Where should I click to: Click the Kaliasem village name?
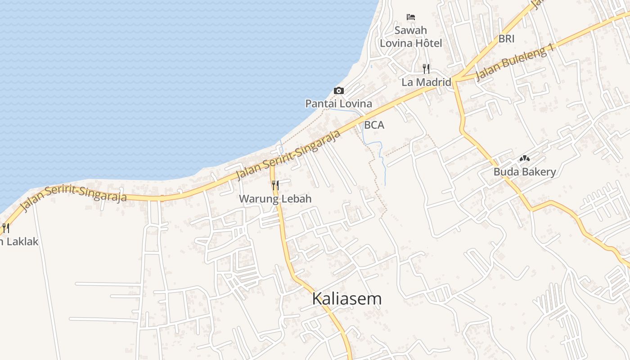click(x=347, y=299)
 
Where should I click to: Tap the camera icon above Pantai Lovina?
click(x=339, y=91)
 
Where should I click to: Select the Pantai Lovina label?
click(x=339, y=103)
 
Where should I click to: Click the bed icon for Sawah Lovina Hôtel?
click(x=410, y=17)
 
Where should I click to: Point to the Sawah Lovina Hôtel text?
click(x=411, y=37)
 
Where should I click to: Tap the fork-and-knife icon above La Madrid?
click(x=426, y=69)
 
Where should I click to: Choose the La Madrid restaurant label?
click(x=426, y=82)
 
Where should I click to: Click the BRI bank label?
click(x=506, y=39)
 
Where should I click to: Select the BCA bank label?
click(x=374, y=125)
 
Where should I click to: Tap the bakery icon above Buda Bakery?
click(x=524, y=158)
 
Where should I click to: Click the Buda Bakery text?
click(x=525, y=171)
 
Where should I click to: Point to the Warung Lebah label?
click(x=275, y=198)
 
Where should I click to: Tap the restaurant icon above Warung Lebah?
click(x=275, y=185)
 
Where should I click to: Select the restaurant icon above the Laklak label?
click(x=5, y=228)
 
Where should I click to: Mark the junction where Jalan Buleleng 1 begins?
click(x=454, y=80)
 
